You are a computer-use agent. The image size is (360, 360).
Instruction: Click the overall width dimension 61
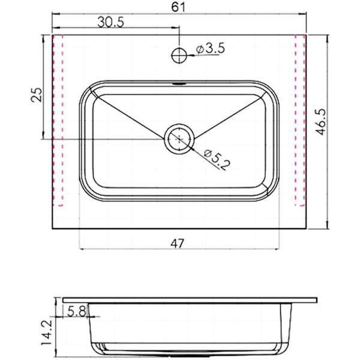click(x=178, y=7)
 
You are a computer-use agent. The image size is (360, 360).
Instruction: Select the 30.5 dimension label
click(x=111, y=22)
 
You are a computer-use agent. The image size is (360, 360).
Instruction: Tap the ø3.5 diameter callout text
click(x=211, y=49)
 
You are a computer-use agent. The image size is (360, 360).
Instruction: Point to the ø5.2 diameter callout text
click(x=217, y=160)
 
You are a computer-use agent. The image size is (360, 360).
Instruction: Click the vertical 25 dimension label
click(x=37, y=94)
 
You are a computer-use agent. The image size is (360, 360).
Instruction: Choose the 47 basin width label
click(x=178, y=244)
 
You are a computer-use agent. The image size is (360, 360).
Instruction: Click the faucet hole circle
click(x=179, y=55)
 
